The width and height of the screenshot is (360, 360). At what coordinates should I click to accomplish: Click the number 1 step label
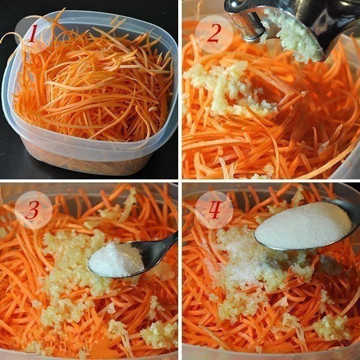click(32, 34)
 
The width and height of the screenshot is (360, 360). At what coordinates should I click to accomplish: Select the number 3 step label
click(32, 211)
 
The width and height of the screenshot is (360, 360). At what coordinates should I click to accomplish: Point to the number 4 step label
click(213, 211)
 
